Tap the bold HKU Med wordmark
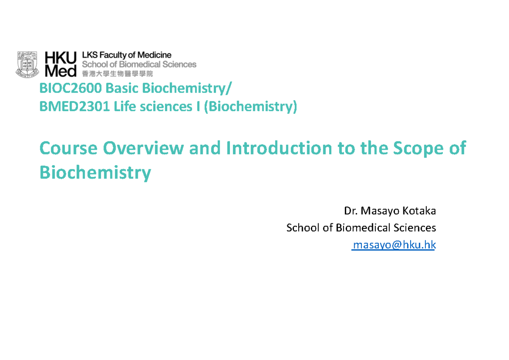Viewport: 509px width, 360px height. point(61,64)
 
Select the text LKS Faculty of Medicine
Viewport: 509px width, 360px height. point(126,55)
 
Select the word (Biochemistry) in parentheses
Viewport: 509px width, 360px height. point(250,107)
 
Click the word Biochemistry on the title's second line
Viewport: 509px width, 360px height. point(95,173)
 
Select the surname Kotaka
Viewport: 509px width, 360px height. point(420,211)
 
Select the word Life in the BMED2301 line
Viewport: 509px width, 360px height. point(123,107)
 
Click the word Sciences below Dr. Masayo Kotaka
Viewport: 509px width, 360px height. point(414,228)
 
